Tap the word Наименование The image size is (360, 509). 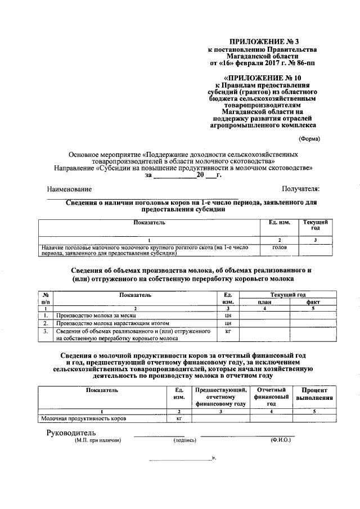tap(69, 190)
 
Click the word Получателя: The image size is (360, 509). tap(300, 190)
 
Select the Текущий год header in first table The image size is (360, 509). tap(315, 225)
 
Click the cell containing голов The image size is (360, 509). tap(279, 247)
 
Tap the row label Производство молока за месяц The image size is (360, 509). tap(88, 316)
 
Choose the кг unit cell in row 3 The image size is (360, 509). tap(228, 332)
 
